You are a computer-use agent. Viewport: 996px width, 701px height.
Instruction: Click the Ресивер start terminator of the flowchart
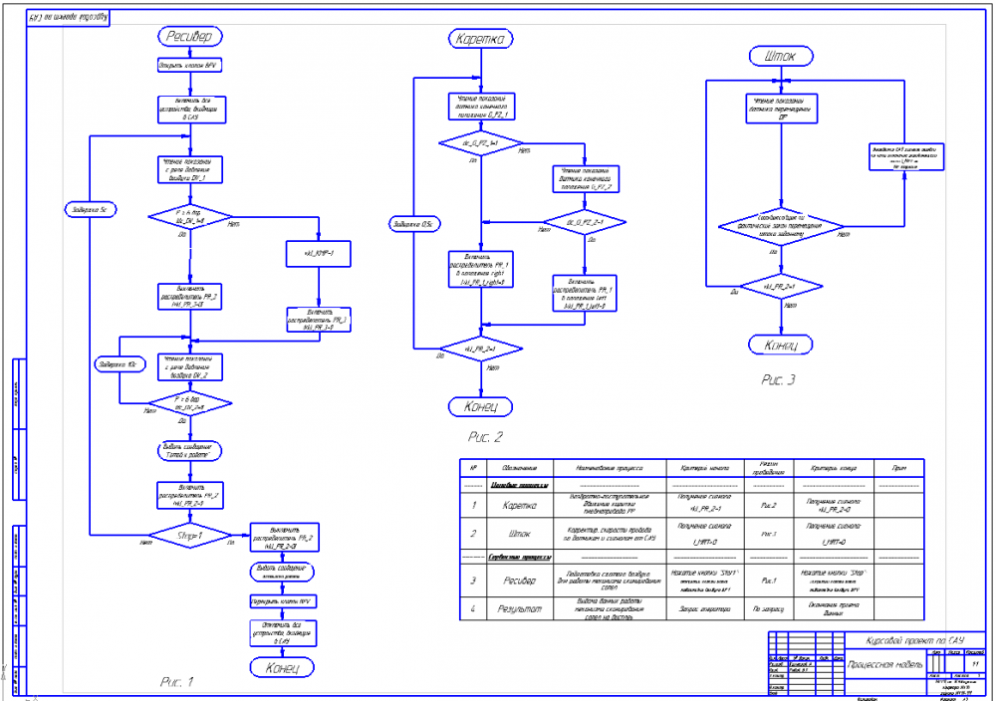[x=189, y=37]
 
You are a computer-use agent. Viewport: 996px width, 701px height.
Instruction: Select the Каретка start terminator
[x=480, y=39]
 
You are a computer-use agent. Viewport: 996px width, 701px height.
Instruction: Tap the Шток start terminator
[x=780, y=56]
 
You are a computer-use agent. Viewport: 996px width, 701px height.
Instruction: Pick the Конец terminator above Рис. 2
[x=481, y=406]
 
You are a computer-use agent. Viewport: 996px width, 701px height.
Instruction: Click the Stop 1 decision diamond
[x=189, y=538]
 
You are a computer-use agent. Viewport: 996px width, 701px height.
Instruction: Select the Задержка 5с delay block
[x=90, y=210]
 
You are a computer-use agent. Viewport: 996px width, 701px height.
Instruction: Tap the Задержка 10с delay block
[x=120, y=365]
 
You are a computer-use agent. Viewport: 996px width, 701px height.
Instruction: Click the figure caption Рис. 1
[x=176, y=682]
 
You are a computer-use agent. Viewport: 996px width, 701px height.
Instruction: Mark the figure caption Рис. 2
[x=486, y=436]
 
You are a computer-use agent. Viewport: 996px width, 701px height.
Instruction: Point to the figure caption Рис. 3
[x=779, y=378]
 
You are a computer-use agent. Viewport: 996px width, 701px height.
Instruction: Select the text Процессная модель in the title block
[x=885, y=661]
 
